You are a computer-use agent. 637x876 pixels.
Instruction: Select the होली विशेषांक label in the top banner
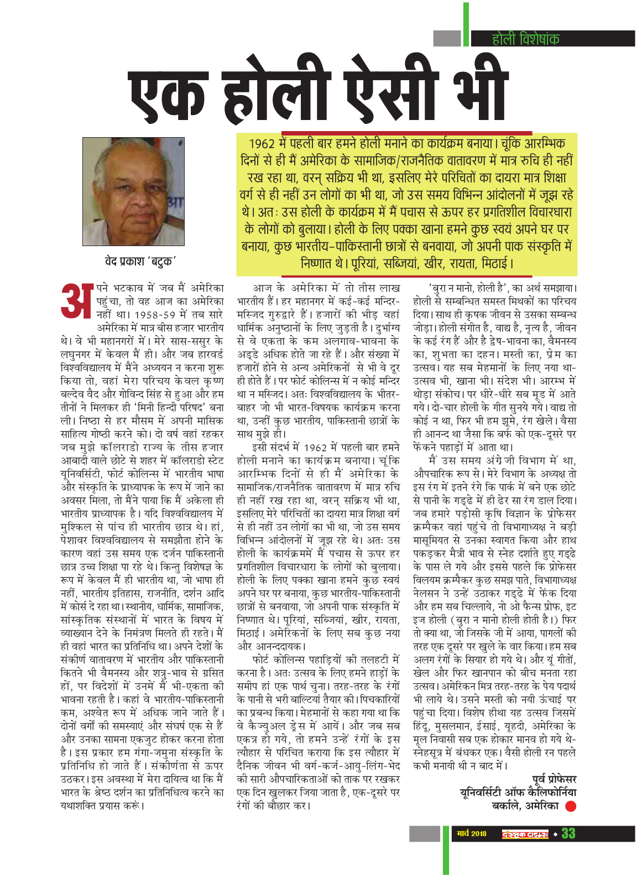pos(525,39)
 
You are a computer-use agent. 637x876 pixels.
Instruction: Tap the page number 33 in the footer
pos(568,833)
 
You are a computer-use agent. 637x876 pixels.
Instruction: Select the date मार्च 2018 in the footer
pos(472,833)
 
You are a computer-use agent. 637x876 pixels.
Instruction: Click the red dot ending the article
pos(571,807)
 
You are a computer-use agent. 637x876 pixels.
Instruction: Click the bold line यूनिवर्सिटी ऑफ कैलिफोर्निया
pos(518,793)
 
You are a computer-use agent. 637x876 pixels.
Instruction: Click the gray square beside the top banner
pos(447,39)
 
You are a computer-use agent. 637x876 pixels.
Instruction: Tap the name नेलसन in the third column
pos(426,593)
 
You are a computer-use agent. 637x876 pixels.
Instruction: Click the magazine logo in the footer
pos(525,833)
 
